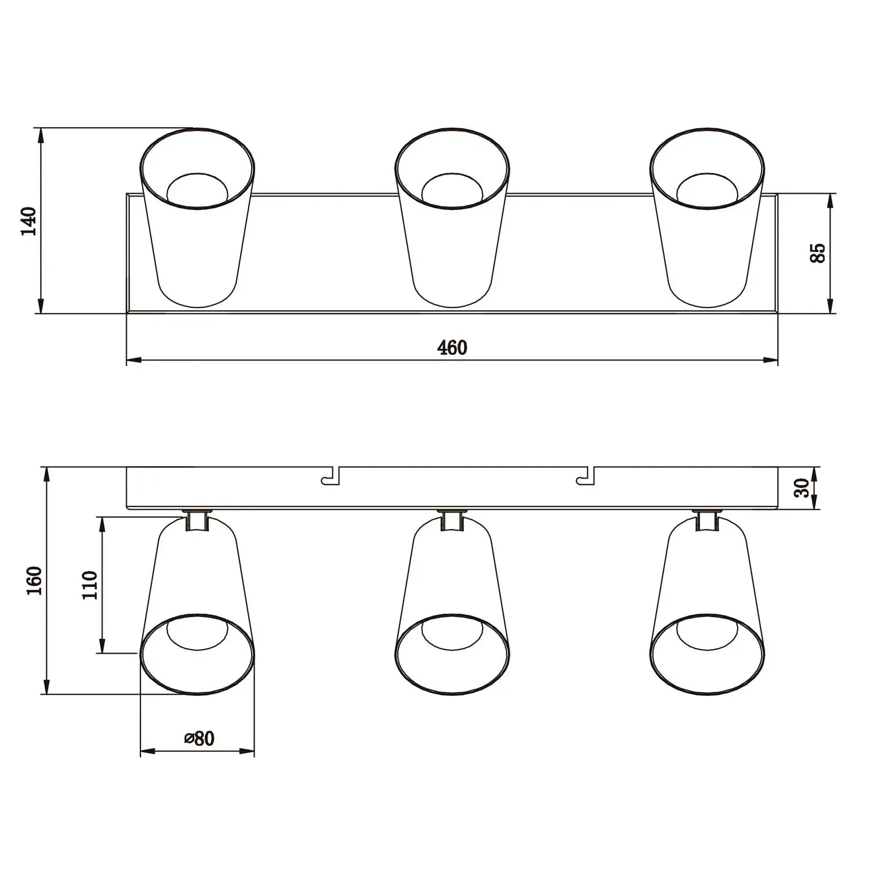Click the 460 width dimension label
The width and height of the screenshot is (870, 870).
point(452,347)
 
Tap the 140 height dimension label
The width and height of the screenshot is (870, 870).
point(28,220)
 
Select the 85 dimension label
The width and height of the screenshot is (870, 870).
point(817,253)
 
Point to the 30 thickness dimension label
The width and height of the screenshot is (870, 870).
point(802,488)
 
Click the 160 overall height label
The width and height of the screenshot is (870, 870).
point(34,580)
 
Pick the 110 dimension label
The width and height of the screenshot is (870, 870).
point(89,585)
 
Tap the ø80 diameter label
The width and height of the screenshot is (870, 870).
point(199,738)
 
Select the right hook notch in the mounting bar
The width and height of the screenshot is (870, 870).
point(587,477)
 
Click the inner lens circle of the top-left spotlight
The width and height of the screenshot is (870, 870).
point(197,189)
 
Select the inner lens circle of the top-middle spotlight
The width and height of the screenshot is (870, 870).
point(452,189)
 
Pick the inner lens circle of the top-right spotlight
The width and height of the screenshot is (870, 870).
point(707,189)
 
